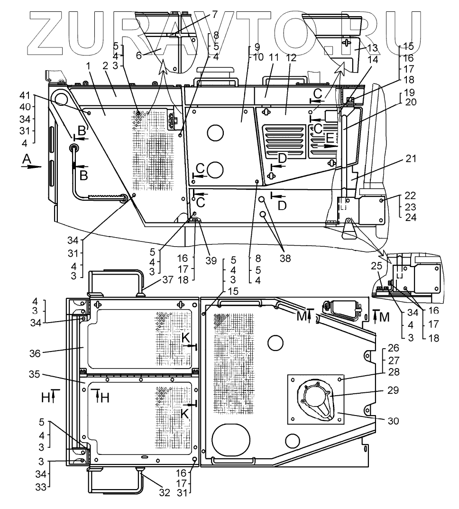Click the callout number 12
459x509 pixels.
292,58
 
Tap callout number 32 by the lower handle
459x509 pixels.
164,492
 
